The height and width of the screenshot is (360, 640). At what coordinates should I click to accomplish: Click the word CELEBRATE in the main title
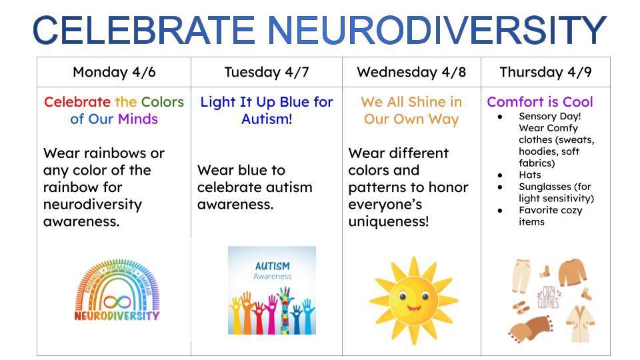click(x=144, y=30)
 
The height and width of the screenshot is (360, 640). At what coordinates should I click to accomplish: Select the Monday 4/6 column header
click(x=113, y=72)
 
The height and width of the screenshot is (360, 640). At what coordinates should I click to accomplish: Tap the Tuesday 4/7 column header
click(x=267, y=72)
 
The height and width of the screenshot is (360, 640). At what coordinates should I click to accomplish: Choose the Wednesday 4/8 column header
click(x=411, y=72)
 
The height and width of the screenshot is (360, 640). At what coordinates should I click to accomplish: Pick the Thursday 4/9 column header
click(x=545, y=72)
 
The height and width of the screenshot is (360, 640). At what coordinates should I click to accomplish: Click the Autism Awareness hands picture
click(x=272, y=290)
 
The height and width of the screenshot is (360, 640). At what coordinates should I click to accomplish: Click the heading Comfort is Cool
click(x=539, y=102)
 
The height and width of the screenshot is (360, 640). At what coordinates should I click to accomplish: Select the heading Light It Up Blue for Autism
click(x=267, y=111)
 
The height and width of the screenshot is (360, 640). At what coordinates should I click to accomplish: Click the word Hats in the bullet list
click(x=530, y=175)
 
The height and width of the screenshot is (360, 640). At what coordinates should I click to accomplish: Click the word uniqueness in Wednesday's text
click(x=386, y=221)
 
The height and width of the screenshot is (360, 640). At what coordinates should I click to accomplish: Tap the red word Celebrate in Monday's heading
click(x=77, y=102)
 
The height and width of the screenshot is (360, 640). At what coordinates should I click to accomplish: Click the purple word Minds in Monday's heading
click(x=138, y=119)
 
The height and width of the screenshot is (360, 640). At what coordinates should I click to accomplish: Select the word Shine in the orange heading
click(x=424, y=102)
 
